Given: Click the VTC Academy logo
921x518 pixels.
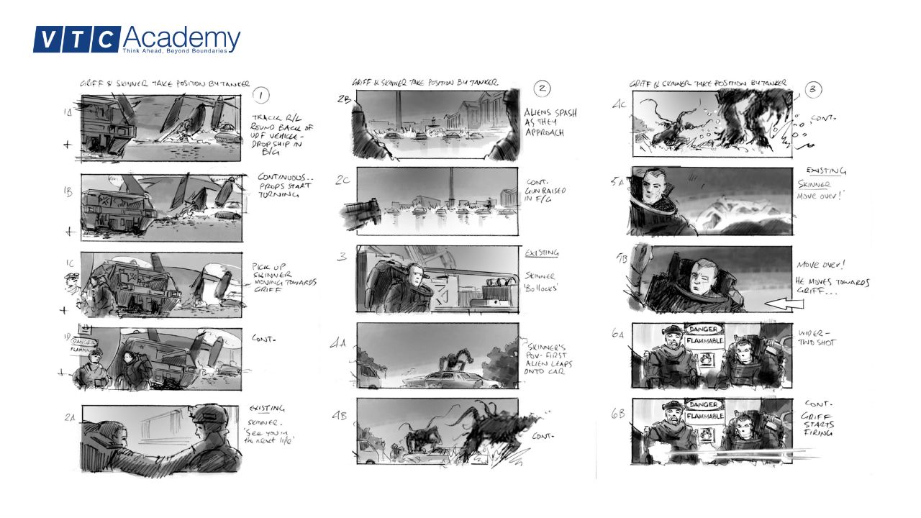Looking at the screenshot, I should [137, 40].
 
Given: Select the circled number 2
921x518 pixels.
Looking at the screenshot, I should [543, 89].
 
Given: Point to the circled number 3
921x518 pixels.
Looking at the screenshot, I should [814, 90].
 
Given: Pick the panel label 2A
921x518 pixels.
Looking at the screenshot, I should [68, 417].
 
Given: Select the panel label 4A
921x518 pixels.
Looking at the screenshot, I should [338, 344].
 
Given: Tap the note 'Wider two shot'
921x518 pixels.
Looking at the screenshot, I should [816, 339].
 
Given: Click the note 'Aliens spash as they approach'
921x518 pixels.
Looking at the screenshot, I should [550, 123].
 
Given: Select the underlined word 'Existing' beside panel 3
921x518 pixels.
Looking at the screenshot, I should [542, 253].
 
